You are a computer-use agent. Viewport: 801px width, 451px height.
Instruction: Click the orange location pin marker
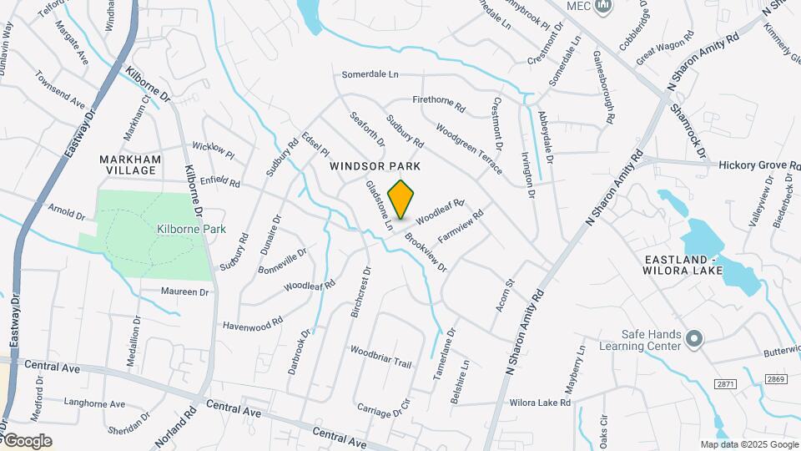(x=401, y=199)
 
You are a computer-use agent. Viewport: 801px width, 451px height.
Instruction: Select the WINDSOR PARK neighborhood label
(x=375, y=166)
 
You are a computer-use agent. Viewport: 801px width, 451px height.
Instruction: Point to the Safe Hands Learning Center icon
(x=695, y=338)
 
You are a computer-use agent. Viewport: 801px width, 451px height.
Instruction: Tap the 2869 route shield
(x=777, y=379)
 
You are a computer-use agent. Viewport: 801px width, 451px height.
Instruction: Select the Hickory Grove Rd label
(x=758, y=165)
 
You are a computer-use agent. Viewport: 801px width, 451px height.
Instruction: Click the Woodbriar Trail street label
(x=381, y=357)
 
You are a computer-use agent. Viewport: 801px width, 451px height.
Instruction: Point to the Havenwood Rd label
(x=253, y=321)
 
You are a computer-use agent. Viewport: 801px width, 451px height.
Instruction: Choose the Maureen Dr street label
(x=184, y=292)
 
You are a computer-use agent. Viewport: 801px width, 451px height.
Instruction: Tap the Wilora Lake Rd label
(x=540, y=403)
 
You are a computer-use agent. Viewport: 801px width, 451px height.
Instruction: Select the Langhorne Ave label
(x=93, y=404)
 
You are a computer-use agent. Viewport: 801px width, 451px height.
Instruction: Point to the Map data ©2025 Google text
(x=748, y=444)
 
